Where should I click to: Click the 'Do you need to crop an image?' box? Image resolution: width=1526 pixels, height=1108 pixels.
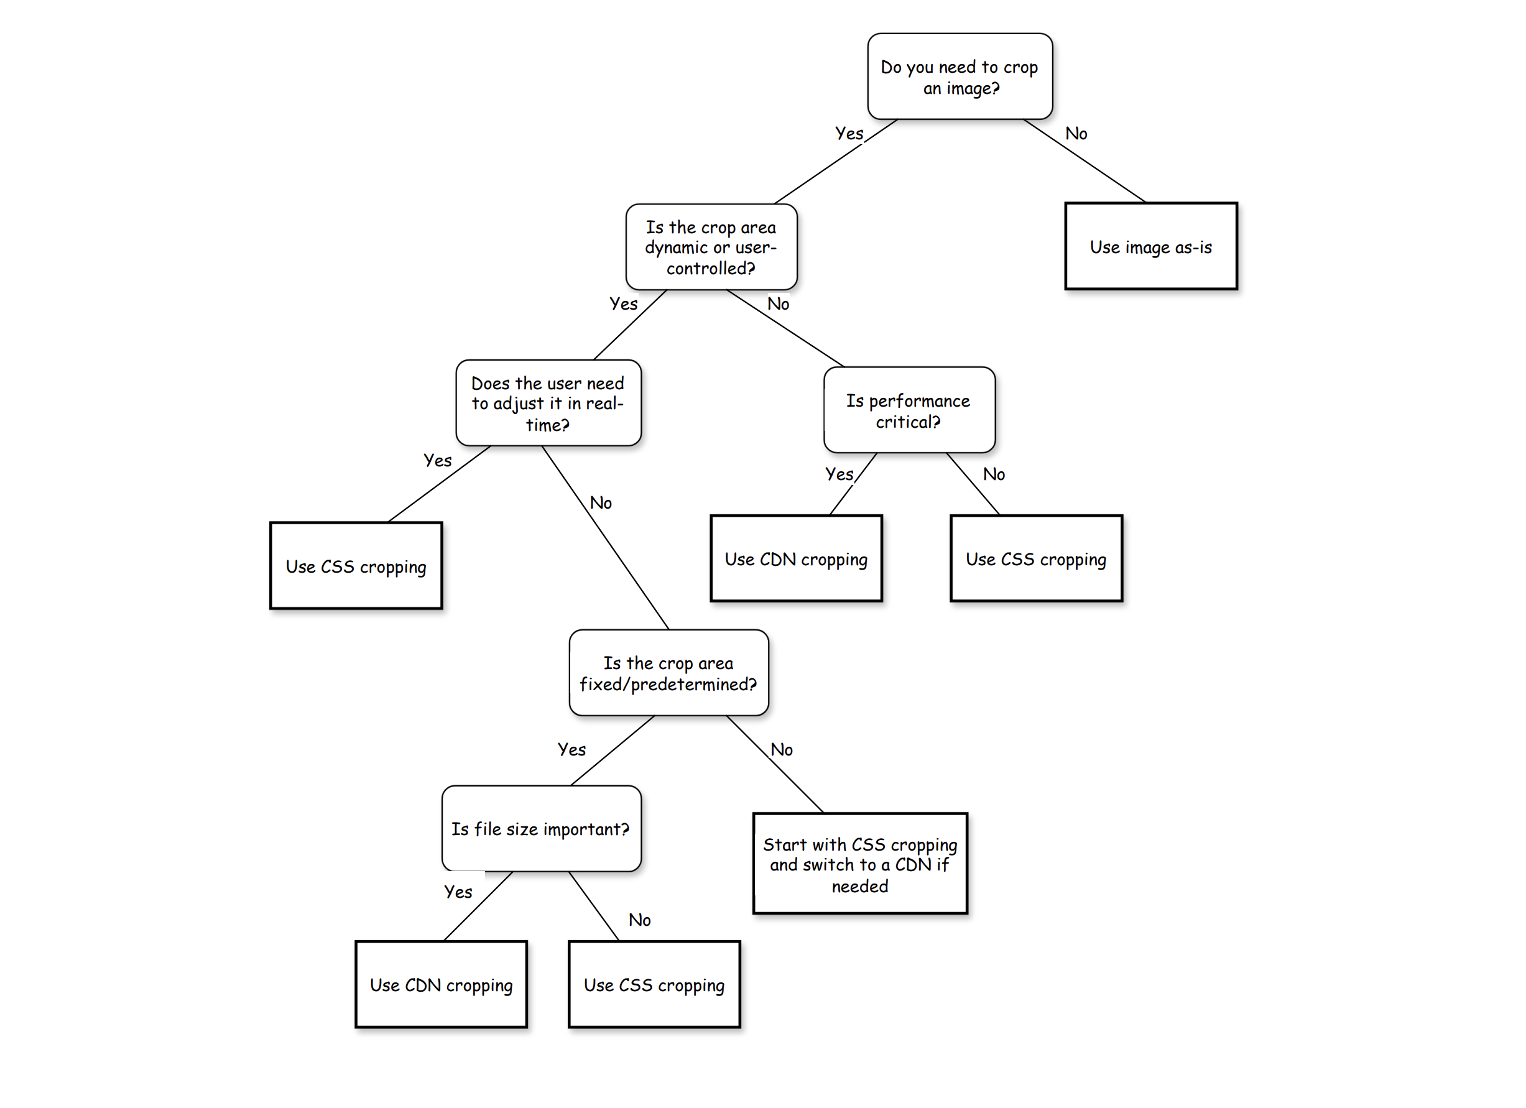tap(960, 76)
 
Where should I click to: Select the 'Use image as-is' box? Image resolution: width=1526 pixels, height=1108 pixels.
tap(1150, 246)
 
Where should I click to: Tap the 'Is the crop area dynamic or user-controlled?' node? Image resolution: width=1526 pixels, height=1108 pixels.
tap(711, 247)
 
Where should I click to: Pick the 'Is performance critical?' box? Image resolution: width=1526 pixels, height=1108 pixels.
tap(909, 410)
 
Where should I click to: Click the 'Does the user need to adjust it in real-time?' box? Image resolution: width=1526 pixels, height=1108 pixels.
tap(548, 403)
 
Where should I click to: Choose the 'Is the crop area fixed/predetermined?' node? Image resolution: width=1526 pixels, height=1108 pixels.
tap(668, 673)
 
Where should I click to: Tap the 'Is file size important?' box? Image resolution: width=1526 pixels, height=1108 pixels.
tap(541, 828)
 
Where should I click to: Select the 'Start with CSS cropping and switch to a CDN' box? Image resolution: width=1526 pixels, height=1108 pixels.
tap(860, 864)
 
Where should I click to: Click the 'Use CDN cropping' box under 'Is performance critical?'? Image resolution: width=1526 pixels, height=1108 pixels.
tap(796, 558)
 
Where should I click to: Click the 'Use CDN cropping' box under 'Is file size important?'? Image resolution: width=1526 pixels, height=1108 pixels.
tap(441, 984)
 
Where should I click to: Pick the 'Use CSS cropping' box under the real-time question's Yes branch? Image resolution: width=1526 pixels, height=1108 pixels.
tap(356, 566)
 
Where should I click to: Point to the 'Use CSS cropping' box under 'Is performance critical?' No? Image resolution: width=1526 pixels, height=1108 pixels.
tap(1036, 558)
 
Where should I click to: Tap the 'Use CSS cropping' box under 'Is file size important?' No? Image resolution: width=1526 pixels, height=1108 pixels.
tap(654, 984)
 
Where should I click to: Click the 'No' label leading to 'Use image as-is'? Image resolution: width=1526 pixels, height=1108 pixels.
tap(1076, 133)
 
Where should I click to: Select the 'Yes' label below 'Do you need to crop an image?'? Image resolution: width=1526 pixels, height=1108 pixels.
tap(848, 133)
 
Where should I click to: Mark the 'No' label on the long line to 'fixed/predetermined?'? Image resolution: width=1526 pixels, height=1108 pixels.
tap(600, 502)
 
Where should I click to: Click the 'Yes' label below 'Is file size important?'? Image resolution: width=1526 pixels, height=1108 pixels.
tap(458, 892)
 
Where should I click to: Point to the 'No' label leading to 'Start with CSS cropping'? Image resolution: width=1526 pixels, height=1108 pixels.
tap(781, 749)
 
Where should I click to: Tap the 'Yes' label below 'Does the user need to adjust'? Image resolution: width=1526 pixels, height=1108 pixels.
tap(437, 460)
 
